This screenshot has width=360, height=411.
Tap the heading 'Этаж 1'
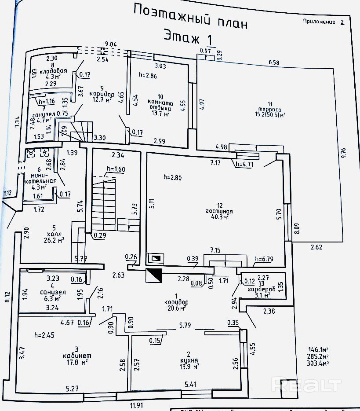coord(188,36)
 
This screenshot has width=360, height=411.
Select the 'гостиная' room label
coord(218,211)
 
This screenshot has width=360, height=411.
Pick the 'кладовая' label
coord(54,71)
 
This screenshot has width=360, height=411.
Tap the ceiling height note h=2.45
coord(44,335)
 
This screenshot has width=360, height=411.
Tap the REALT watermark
coord(306,385)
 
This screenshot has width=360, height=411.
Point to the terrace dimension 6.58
coord(274,62)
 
